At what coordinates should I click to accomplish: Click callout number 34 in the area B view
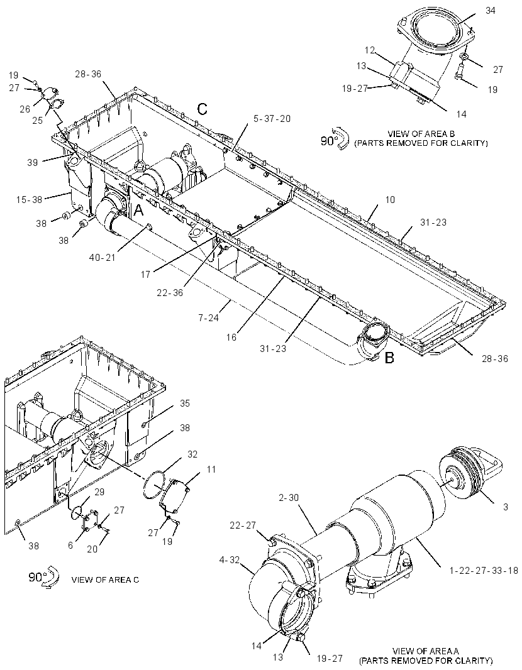coord(490,10)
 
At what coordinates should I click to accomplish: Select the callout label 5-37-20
coord(272,118)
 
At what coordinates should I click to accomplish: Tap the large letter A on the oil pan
coord(140,210)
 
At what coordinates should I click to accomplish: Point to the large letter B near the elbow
coord(389,358)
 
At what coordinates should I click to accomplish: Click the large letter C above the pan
coord(203,109)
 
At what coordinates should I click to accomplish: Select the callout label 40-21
coord(103,258)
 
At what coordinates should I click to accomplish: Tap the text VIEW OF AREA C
coord(105,580)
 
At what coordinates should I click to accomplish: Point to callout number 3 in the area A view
coord(506,507)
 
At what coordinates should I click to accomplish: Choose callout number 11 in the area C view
coord(211,470)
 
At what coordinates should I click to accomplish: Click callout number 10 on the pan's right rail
coord(390,199)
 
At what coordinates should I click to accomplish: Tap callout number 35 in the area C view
coord(185,404)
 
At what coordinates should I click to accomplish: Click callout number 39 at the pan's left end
coord(33,162)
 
